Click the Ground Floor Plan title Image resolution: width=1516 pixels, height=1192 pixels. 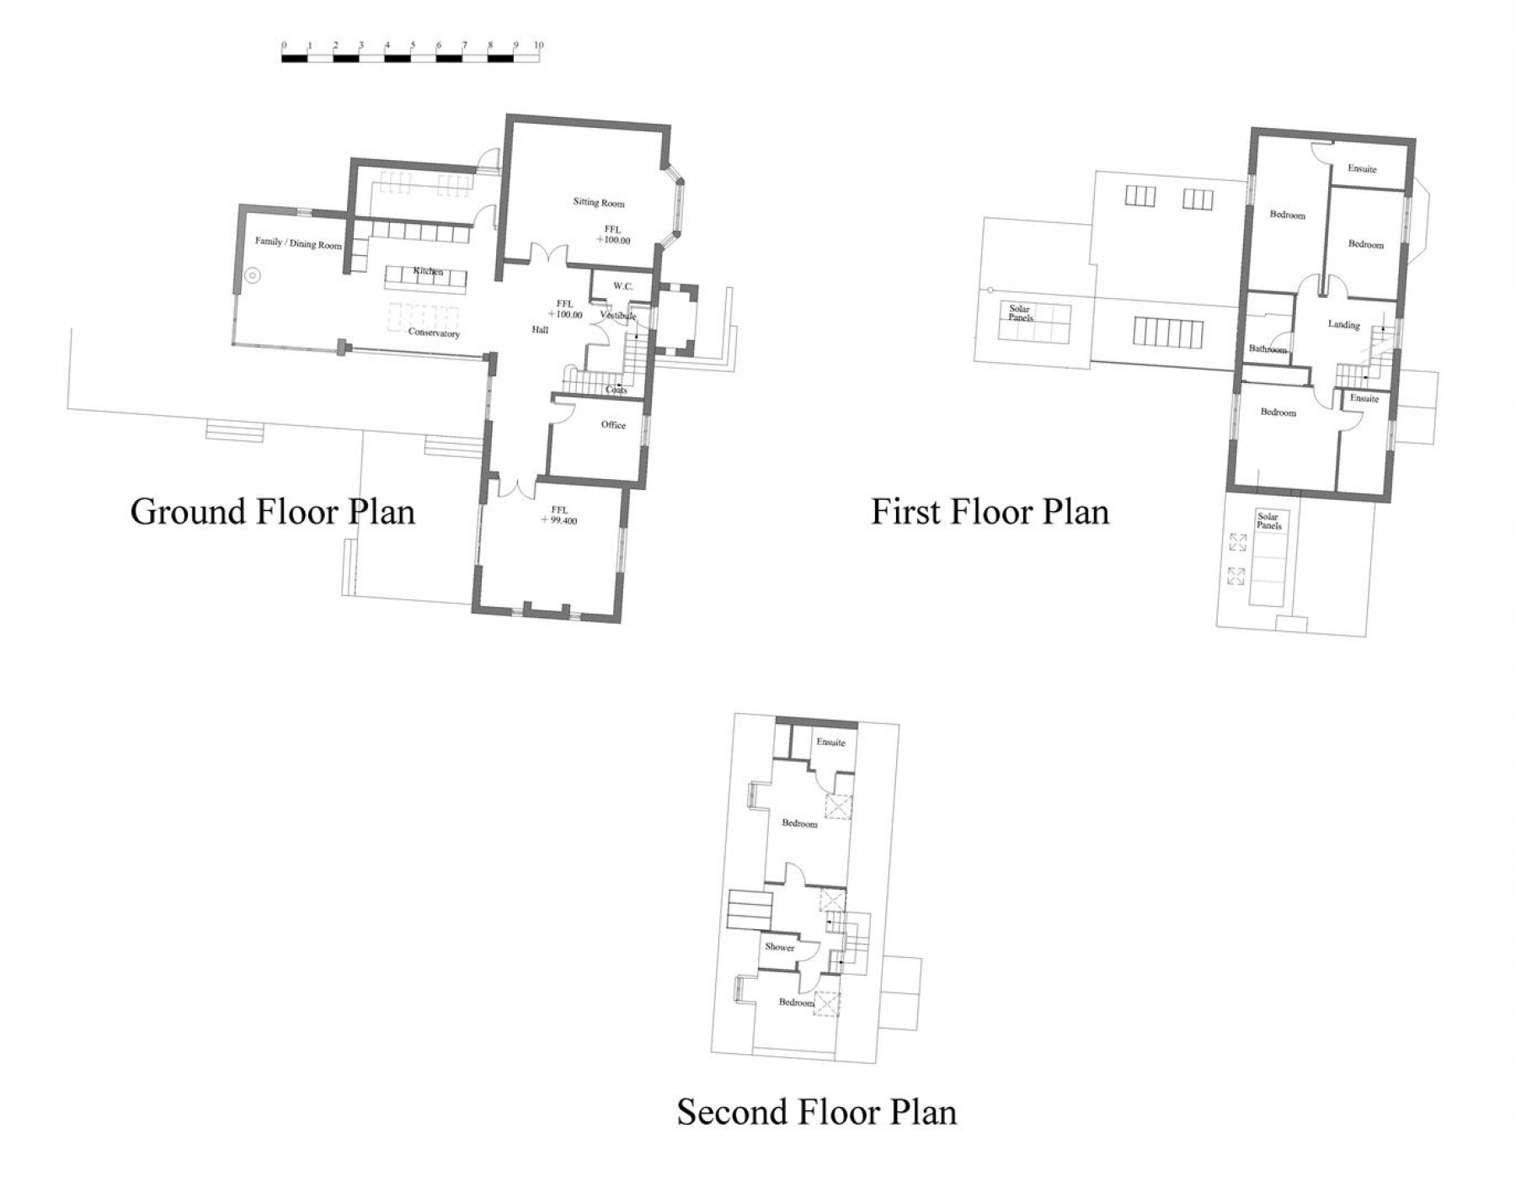click(272, 512)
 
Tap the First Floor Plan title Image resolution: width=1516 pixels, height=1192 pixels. click(990, 512)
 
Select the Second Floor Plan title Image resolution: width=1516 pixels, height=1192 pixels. click(817, 1112)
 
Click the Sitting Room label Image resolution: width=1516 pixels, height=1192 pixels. click(599, 203)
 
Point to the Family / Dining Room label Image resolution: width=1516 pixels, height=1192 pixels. click(298, 244)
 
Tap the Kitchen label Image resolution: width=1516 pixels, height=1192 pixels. click(428, 272)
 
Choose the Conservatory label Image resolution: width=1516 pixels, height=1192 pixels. click(434, 333)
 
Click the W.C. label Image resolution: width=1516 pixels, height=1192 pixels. click(622, 286)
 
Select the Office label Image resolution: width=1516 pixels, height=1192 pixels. click(613, 425)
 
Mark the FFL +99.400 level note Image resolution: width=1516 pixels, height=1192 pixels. click(559, 515)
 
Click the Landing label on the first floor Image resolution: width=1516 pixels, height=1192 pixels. click(1343, 324)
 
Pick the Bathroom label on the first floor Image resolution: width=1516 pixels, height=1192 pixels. click(1268, 349)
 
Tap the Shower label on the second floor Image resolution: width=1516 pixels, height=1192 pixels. click(779, 947)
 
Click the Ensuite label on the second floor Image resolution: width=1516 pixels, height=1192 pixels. click(830, 742)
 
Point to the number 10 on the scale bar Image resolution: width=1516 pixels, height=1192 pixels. click(538, 45)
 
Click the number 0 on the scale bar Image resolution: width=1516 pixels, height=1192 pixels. click(284, 45)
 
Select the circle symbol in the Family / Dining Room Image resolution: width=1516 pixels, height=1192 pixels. click(252, 274)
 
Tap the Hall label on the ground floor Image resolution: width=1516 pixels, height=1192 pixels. click(540, 330)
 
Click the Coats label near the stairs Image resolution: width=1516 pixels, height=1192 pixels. click(617, 390)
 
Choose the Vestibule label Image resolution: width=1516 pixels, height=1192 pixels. click(618, 316)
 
